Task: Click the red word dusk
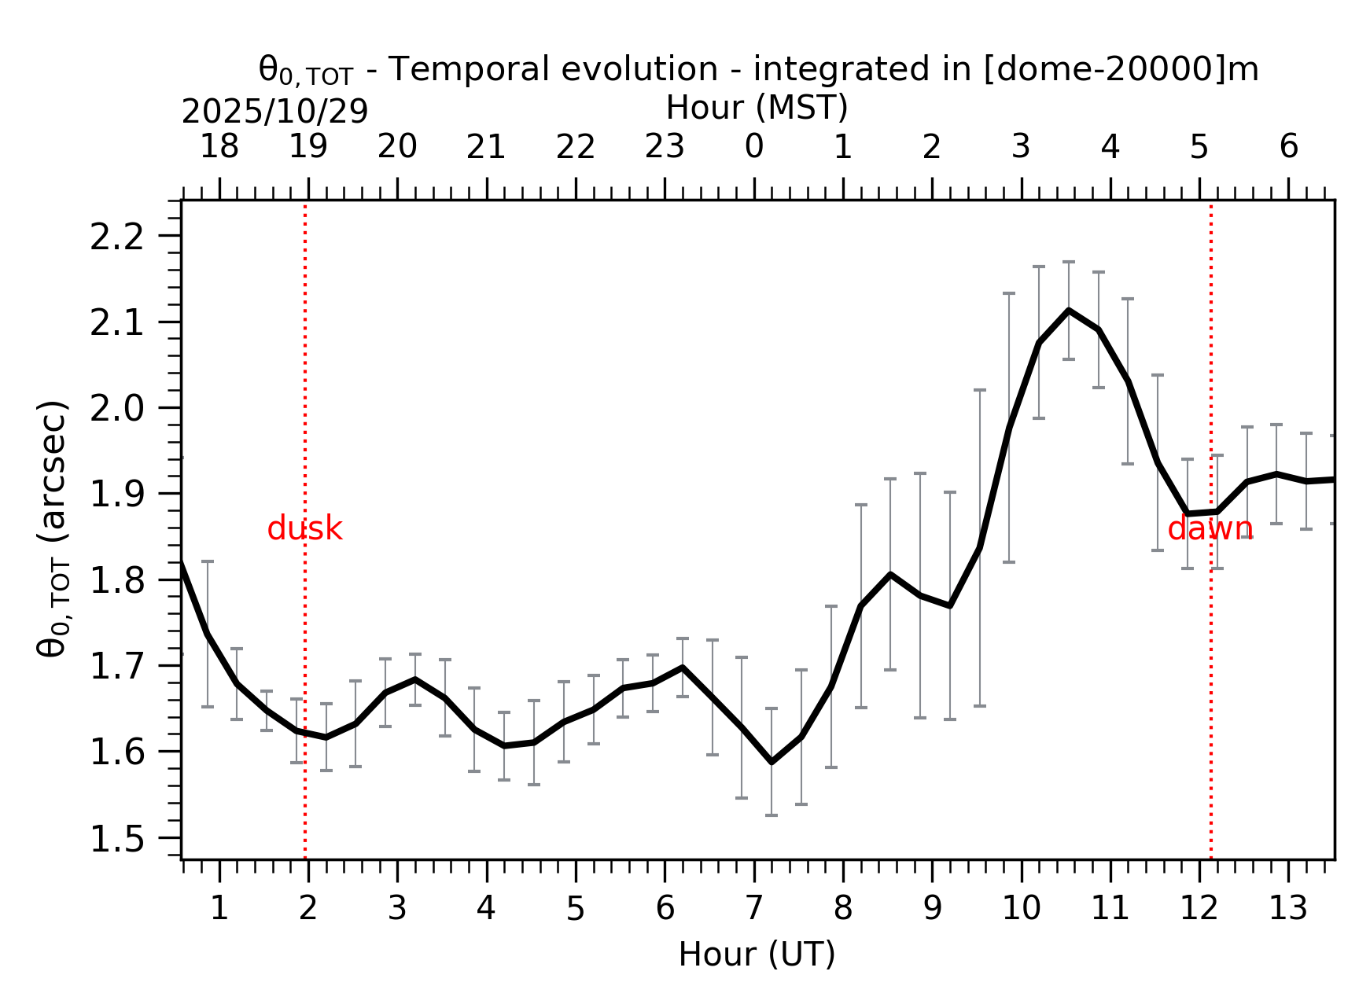coord(304,529)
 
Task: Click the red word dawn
coord(1210,529)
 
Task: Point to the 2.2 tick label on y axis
coord(117,237)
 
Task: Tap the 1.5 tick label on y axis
coord(117,840)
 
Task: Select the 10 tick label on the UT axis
coord(1021,909)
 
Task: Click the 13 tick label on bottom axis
coord(1288,909)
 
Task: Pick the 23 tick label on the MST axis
coord(665,147)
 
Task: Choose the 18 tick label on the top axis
coord(219,147)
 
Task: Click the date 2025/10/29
coord(274,112)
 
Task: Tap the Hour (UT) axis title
coord(757,955)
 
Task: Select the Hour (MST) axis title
coord(757,108)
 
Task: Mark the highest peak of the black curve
coord(1069,311)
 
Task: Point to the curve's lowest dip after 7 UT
coord(772,762)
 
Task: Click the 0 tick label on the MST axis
coord(753,147)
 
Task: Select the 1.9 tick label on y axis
coord(117,495)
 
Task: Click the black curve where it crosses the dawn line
coord(1211,512)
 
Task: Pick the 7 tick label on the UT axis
coord(753,909)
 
